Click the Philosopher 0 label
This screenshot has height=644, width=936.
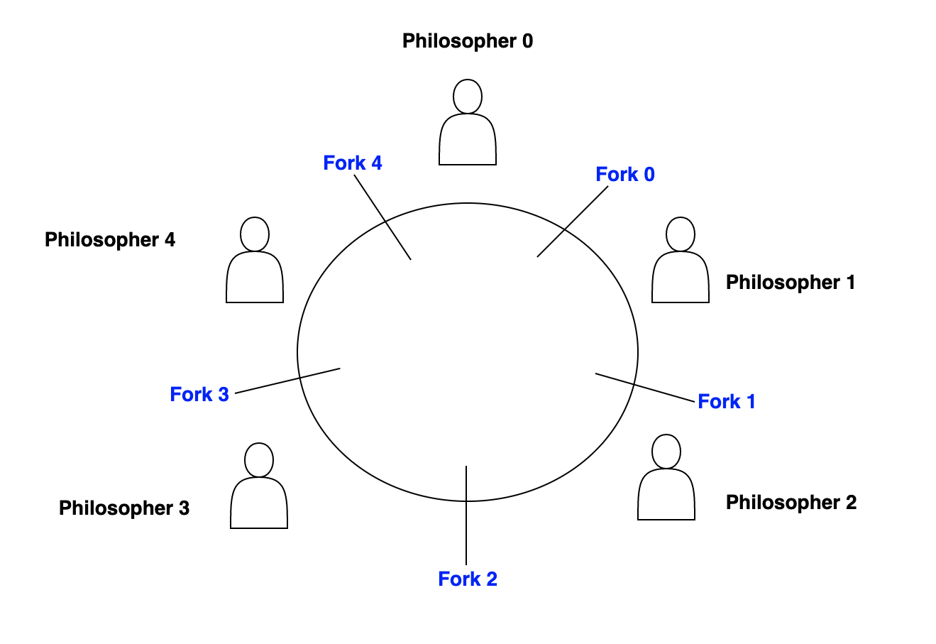tap(467, 41)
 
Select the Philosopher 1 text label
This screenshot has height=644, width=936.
tap(790, 283)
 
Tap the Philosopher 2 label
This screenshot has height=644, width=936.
tap(791, 503)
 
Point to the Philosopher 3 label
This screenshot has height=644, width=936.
tap(124, 508)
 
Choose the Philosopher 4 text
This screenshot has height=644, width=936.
tap(110, 240)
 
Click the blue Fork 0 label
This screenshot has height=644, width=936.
tap(624, 175)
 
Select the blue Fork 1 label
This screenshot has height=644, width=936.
tap(726, 402)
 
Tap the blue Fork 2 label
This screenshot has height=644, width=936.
tap(468, 579)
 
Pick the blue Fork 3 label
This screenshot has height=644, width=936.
tap(199, 395)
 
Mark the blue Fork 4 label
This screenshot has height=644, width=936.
tap(352, 163)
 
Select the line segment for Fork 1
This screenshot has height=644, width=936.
tap(644, 388)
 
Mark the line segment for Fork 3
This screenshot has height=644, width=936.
tap(288, 381)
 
